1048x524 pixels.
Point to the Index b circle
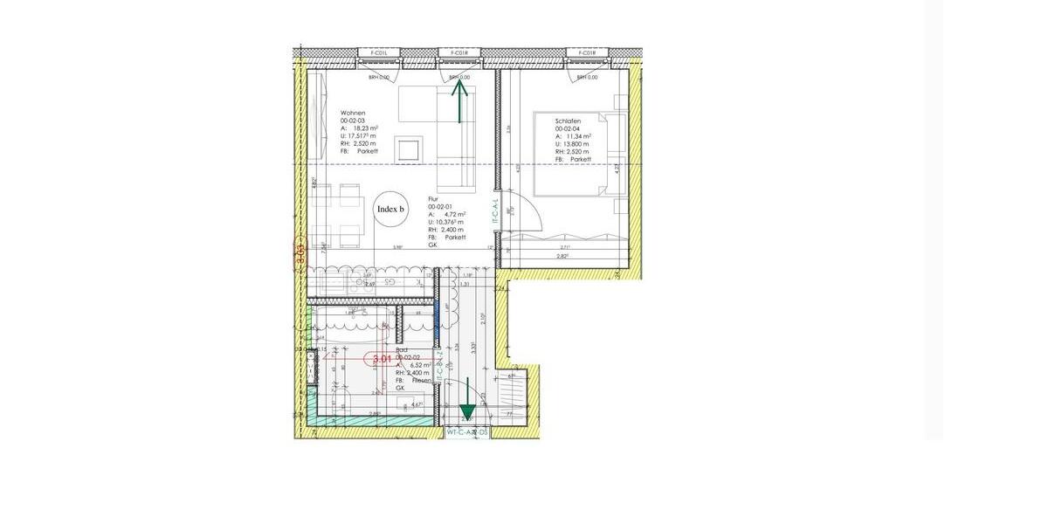pos(390,210)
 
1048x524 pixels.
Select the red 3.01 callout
pos(382,359)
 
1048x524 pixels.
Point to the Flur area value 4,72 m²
pos(452,214)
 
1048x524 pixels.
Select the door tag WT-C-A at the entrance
pos(467,432)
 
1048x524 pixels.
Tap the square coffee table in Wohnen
pos(409,149)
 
